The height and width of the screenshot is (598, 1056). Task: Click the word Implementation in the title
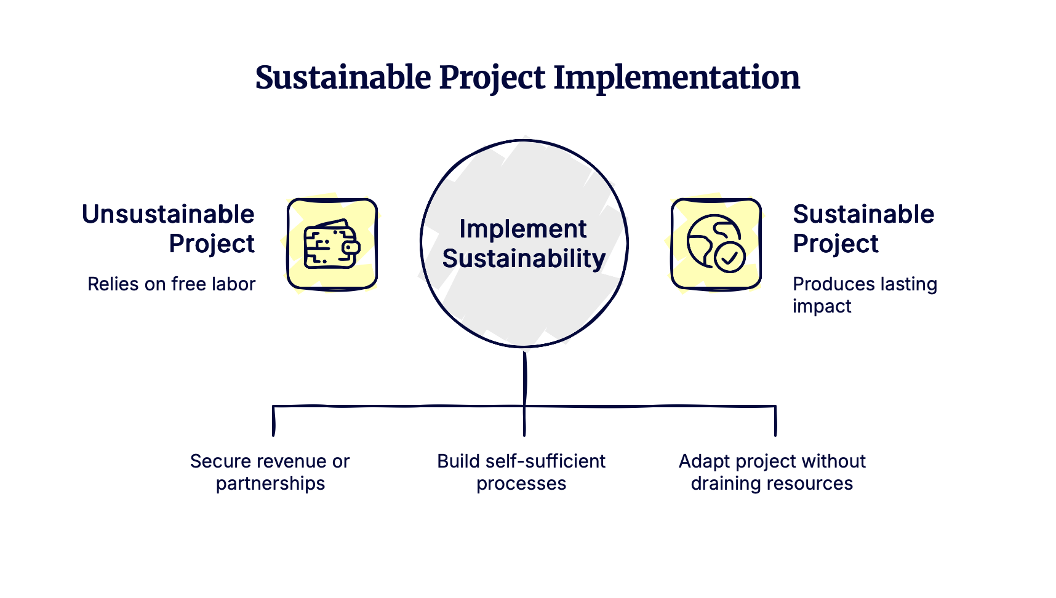pos(676,78)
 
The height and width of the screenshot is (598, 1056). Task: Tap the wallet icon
pos(332,244)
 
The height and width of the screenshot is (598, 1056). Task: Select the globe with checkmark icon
pos(716,244)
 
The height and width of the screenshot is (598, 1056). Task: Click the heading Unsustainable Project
pos(169,229)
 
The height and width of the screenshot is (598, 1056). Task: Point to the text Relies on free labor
pos(171,284)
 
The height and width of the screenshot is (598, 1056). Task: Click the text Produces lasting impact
pos(864,295)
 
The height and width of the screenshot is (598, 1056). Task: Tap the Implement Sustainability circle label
pos(524,244)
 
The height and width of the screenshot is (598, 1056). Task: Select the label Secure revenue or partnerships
pos(270,472)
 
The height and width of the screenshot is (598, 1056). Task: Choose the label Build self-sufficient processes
pos(521,472)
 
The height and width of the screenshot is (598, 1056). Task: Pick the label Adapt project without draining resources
pos(772,472)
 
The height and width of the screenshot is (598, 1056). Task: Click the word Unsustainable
pos(169,215)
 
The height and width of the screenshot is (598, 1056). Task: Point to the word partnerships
pos(270,484)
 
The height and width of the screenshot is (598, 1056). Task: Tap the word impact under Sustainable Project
pos(822,306)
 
